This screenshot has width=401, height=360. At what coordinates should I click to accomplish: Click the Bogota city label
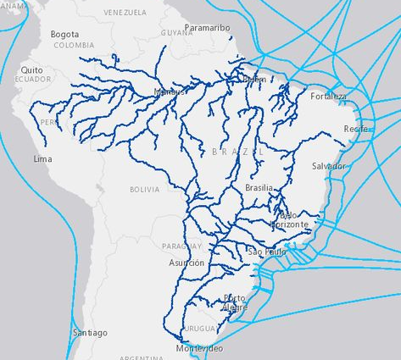[x=64, y=34]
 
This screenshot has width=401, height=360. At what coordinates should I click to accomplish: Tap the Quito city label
[x=31, y=69]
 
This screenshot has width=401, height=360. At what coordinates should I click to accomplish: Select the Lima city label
[x=42, y=158]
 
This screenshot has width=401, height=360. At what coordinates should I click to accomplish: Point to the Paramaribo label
[x=207, y=27]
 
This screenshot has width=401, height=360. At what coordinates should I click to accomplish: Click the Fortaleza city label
[x=329, y=97]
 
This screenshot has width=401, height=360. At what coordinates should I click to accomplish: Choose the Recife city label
[x=355, y=128]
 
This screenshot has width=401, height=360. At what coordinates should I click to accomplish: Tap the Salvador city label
[x=328, y=166]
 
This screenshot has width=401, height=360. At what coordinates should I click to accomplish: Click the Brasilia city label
[x=259, y=187]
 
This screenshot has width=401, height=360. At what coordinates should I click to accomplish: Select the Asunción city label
[x=187, y=263]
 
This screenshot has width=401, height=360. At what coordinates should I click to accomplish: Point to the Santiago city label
[x=90, y=333]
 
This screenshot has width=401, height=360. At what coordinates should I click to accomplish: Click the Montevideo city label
[x=199, y=349]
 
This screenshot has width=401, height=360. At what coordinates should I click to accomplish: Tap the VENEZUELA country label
[x=125, y=14]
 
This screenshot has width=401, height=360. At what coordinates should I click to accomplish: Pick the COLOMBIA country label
[x=74, y=45]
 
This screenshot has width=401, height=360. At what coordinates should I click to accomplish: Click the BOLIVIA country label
[x=144, y=190]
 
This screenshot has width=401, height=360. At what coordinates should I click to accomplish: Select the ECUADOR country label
[x=32, y=79]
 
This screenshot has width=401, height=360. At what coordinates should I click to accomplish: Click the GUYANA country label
[x=177, y=32]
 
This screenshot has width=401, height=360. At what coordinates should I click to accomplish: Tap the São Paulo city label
[x=267, y=252]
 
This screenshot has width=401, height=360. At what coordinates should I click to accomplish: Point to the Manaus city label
[x=170, y=92]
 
